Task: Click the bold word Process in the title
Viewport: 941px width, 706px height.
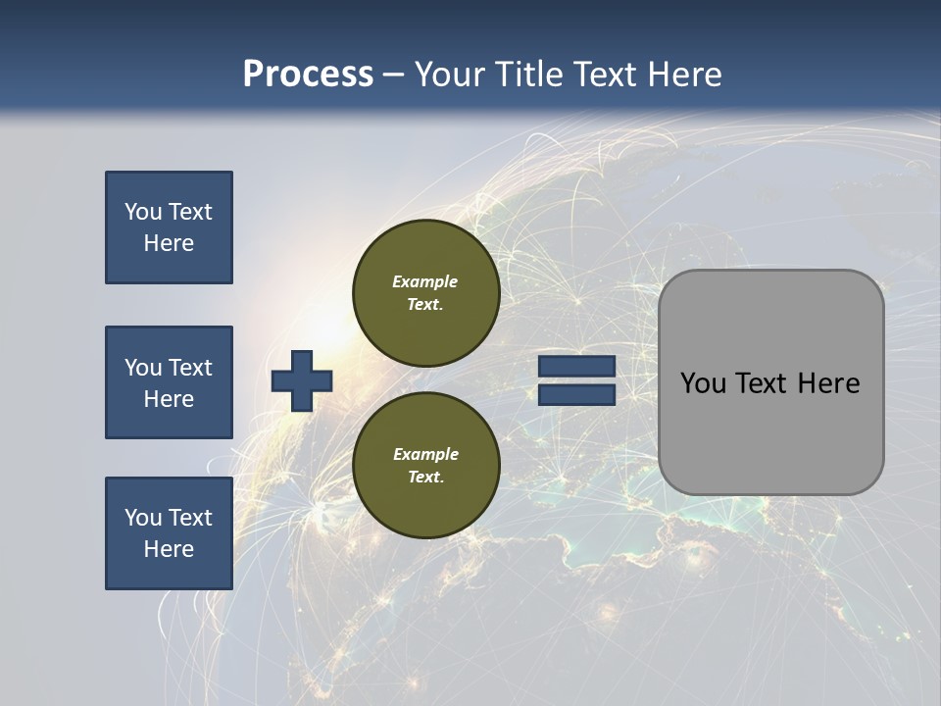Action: (x=308, y=75)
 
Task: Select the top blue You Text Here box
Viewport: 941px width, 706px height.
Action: (x=169, y=227)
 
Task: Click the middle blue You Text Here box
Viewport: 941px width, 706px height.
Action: (x=169, y=382)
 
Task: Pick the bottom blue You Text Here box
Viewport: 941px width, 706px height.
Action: (x=169, y=533)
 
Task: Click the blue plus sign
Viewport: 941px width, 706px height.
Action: (x=302, y=380)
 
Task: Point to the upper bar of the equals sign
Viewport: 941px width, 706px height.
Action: (x=576, y=367)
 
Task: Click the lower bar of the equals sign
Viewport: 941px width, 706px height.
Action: (x=576, y=394)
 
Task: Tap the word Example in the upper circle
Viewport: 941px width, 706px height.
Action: (x=424, y=281)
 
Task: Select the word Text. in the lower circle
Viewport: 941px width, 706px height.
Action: (x=424, y=478)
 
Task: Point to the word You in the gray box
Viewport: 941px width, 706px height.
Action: (x=703, y=383)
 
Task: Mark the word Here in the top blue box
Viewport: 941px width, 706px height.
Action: (x=169, y=243)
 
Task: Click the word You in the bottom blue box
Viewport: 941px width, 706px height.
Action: (x=143, y=518)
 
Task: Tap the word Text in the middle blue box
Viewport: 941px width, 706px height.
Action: (x=190, y=368)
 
